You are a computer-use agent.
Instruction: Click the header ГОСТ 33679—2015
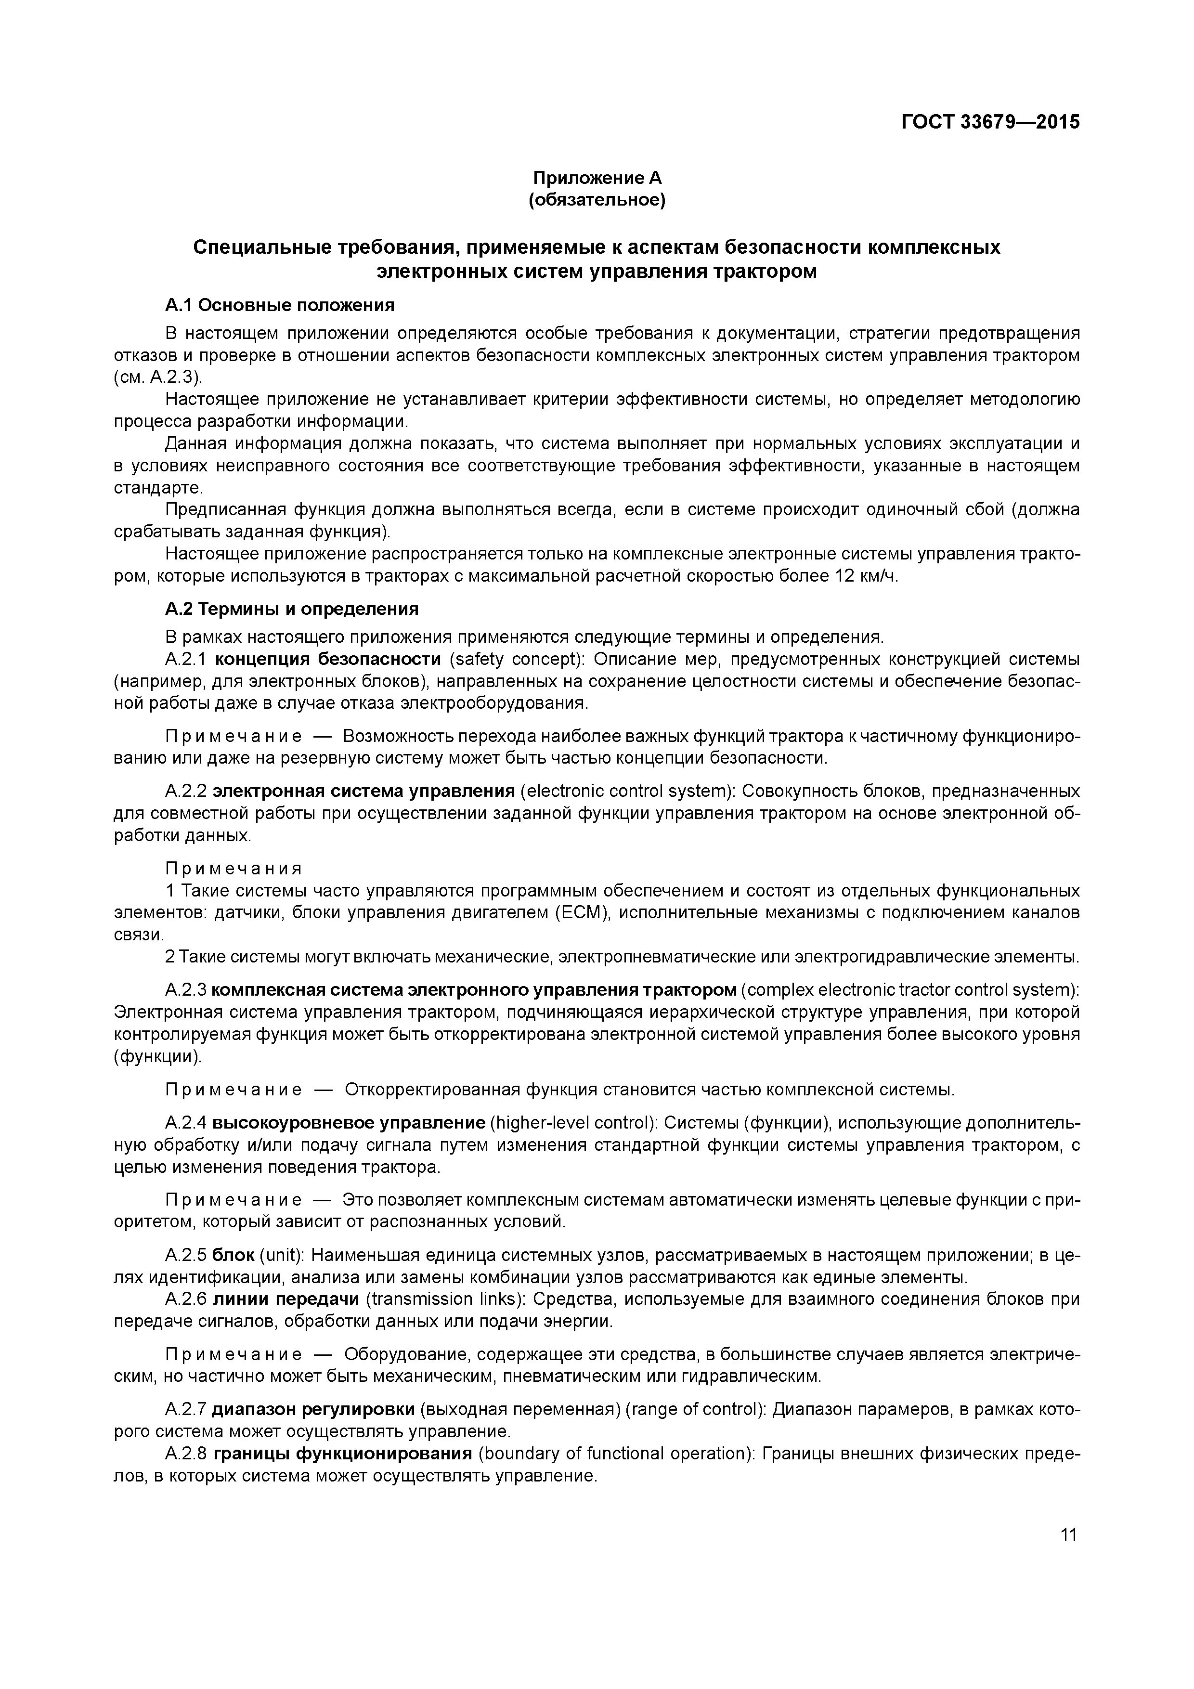(990, 122)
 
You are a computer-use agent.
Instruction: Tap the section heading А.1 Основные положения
(280, 305)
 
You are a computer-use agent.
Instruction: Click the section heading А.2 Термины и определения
(291, 609)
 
